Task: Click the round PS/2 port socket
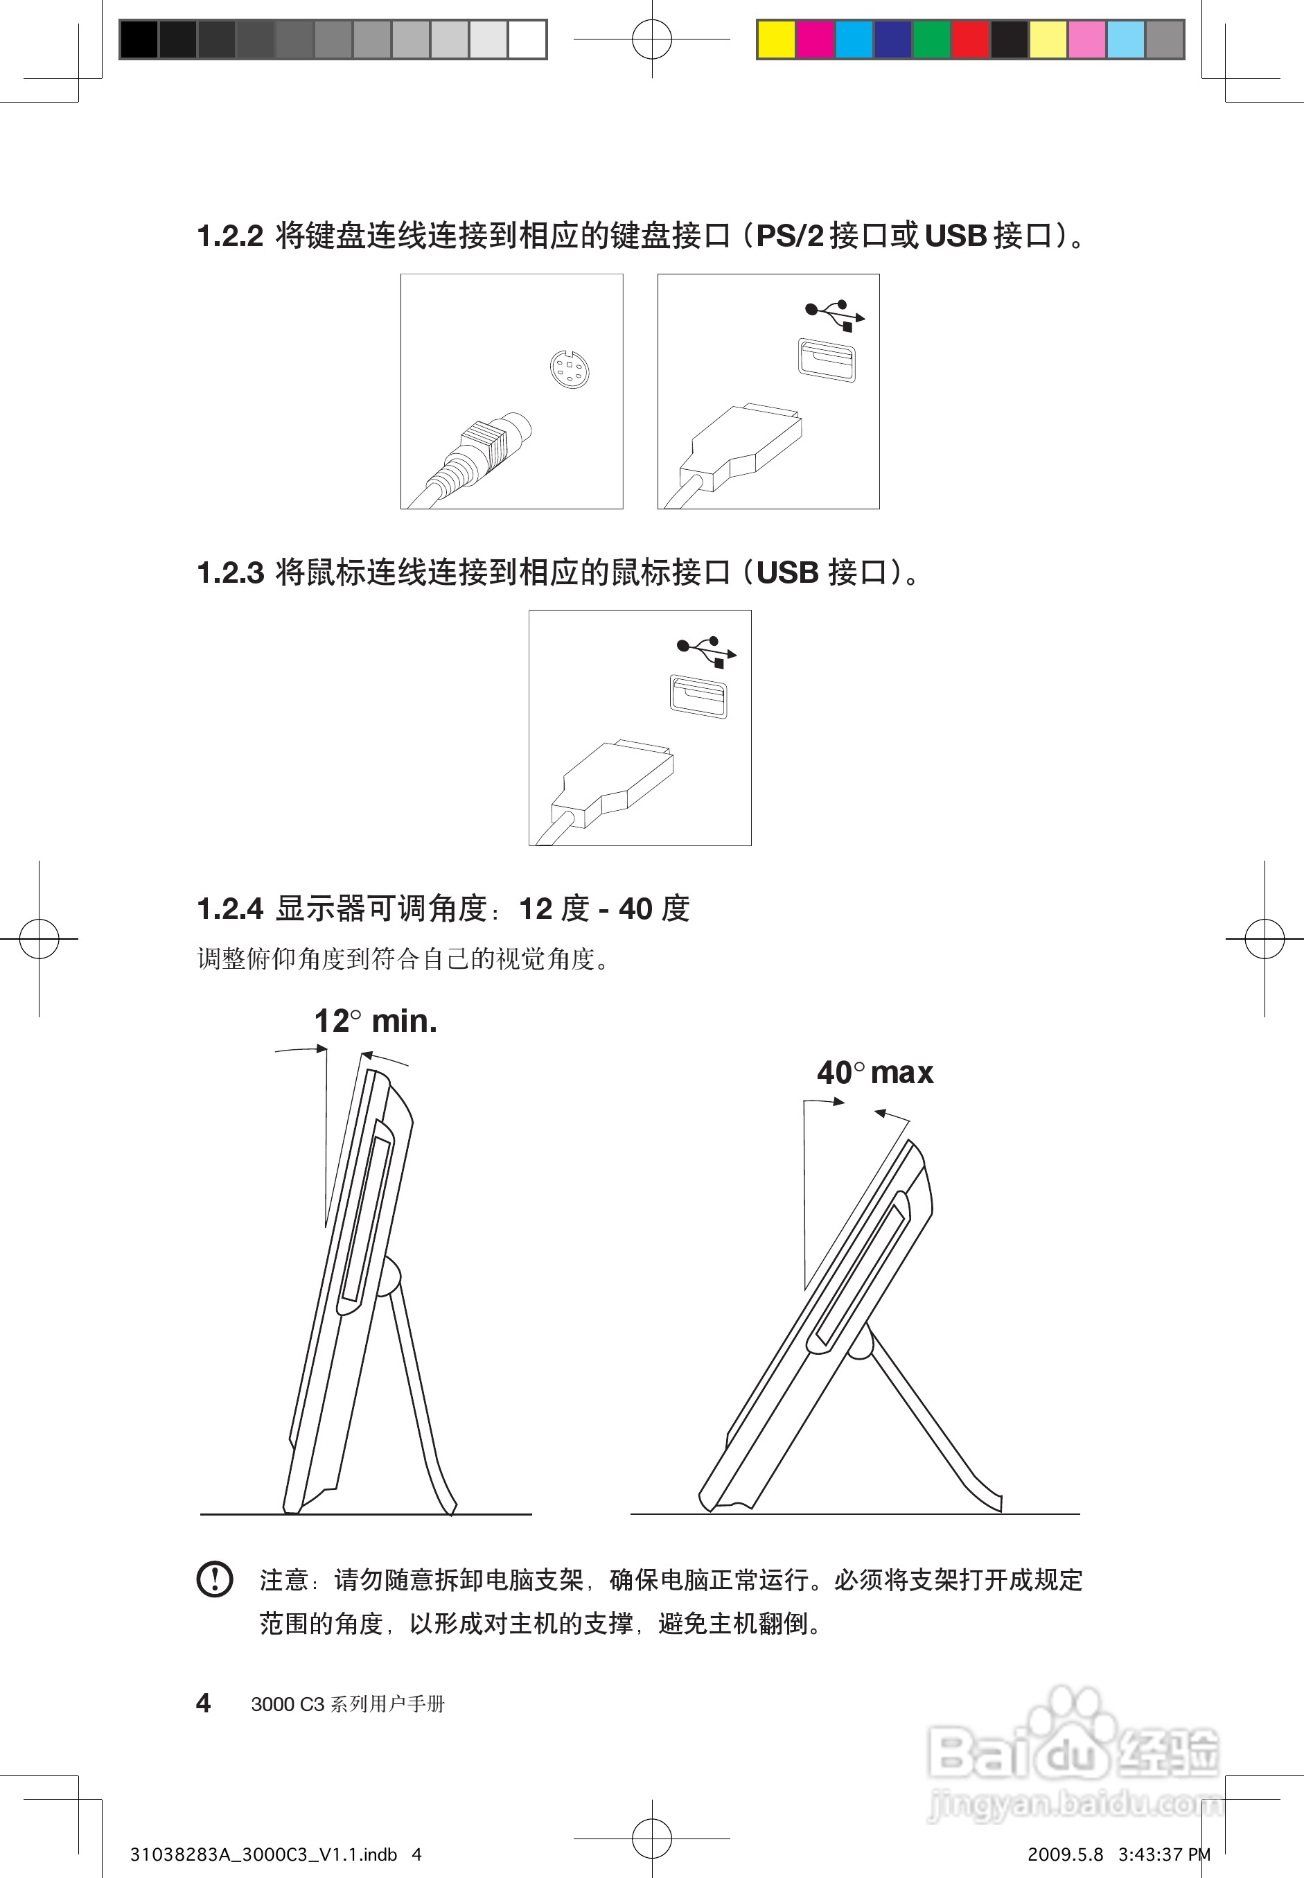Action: [x=569, y=369]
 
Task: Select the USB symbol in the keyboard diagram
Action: [x=834, y=315]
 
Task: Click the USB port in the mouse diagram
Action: [x=698, y=696]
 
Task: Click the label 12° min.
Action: [x=375, y=1021]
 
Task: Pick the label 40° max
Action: [x=874, y=1072]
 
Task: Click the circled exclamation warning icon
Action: [x=215, y=1578]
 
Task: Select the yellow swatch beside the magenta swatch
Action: [x=776, y=40]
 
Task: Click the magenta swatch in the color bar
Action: [x=815, y=40]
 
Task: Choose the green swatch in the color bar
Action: [x=931, y=40]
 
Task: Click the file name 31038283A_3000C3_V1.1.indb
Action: [x=263, y=1854]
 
